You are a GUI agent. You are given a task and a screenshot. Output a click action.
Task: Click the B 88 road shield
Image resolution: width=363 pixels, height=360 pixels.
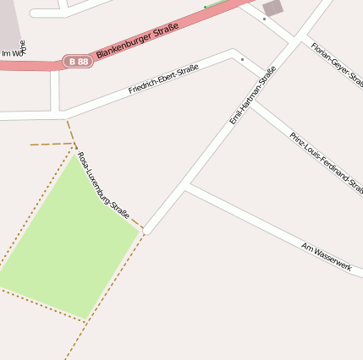pos(78,62)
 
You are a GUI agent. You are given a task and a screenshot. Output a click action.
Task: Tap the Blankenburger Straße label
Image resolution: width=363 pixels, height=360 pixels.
pos(137,41)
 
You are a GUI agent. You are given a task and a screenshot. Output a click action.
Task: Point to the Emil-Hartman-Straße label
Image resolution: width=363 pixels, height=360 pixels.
pos(252,95)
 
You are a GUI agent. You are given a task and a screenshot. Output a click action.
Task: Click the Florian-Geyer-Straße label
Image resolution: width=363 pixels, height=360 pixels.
pos(336,64)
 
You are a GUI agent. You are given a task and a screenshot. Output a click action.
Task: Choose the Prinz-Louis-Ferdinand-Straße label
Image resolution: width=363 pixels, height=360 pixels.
pos(325,160)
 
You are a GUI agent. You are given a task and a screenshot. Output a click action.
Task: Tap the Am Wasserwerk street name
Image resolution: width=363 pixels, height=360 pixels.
pos(326,255)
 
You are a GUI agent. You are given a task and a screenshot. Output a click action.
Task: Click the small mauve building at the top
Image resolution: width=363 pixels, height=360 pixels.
pos(273,8)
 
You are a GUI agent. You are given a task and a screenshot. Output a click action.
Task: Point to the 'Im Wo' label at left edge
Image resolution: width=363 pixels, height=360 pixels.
pos(12,53)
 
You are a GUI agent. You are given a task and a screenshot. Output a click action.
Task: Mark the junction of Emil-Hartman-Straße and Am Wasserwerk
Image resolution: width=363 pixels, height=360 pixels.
pos(185,185)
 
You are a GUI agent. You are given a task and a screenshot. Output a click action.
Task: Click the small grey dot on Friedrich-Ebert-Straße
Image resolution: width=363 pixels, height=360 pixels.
pos(242,59)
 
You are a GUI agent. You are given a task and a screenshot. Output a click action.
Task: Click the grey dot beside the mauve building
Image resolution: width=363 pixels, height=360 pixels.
pos(264,19)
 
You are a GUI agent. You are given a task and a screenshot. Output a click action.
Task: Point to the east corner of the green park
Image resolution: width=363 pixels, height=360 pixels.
pos(139,229)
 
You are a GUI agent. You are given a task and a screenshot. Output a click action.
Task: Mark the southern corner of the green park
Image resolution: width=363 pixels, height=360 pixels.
pos(85,319)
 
